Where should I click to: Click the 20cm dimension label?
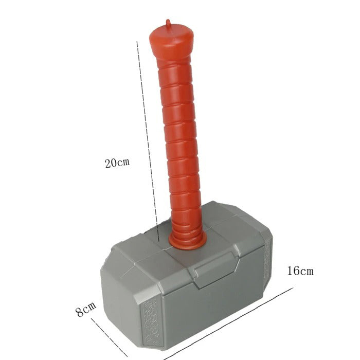click(117, 163)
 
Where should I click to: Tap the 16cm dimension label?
click(300, 271)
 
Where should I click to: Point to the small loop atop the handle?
click(169, 23)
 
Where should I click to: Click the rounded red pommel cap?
click(171, 41)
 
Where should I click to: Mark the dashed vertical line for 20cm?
click(148, 141)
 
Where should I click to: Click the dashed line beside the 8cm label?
click(109, 337)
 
